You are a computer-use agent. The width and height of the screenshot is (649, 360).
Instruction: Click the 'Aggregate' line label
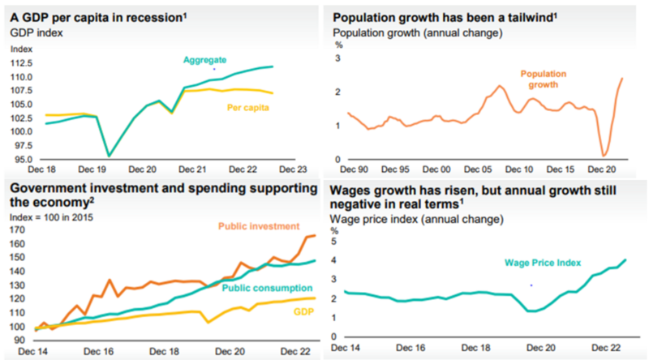pyautogui.click(x=204, y=60)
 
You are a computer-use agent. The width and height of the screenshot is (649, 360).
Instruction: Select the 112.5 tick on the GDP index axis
pyautogui.click(x=21, y=63)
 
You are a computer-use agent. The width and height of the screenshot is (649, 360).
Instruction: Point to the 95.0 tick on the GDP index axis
pyautogui.click(x=21, y=158)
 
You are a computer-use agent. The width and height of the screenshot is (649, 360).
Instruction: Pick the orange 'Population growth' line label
pyautogui.click(x=543, y=78)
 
